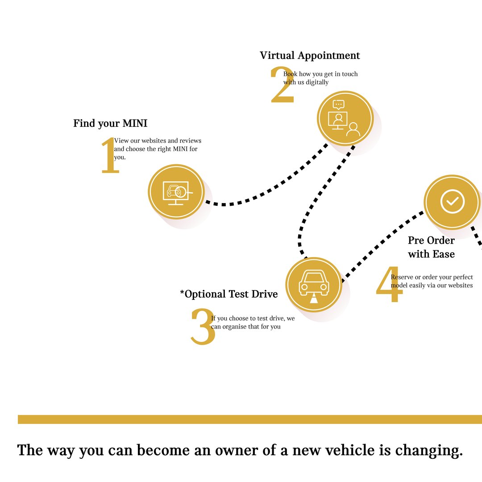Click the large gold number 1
tap(110, 155)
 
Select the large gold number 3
tap(203, 326)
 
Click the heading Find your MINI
tap(110, 123)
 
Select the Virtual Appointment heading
tap(310, 55)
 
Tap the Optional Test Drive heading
tap(229, 294)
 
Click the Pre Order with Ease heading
tap(431, 247)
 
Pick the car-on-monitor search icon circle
tap(176, 192)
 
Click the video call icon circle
tap(345, 118)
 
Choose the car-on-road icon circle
tap(314, 285)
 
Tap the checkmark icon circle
tap(452, 202)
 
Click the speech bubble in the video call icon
tap(338, 105)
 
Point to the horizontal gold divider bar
tap(250, 419)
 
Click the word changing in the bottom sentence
tap(429, 451)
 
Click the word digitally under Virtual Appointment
tap(317, 83)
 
